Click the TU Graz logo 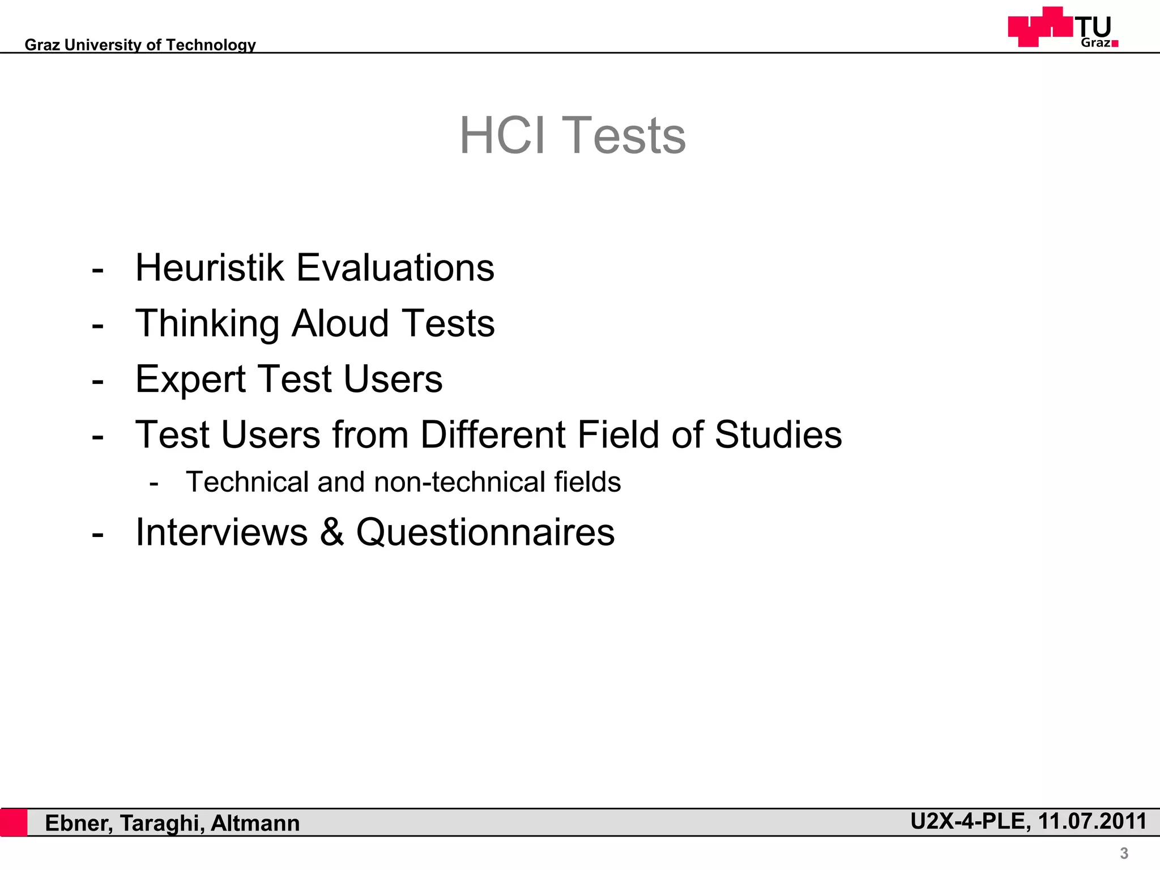1063,27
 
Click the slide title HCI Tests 572,135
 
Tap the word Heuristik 209,267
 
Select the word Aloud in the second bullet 340,323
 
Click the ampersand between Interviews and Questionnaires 332,532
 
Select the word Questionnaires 485,532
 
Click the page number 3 1124,853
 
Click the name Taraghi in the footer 162,824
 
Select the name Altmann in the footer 255,823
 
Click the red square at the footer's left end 14,823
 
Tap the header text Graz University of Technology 140,45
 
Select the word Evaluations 395,267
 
